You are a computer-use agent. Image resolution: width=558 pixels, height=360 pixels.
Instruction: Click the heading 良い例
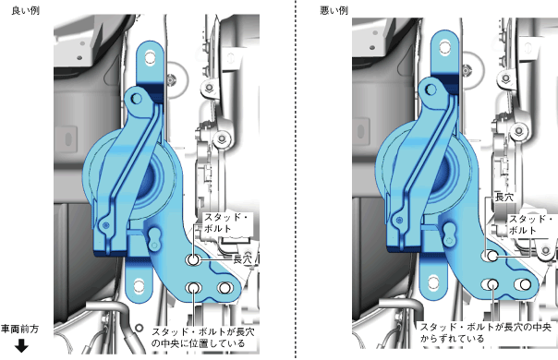[x=25, y=11]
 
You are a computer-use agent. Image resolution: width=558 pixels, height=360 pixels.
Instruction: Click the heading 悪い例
[x=334, y=11]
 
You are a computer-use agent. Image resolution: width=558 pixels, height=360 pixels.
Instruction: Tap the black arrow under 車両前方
[x=21, y=345]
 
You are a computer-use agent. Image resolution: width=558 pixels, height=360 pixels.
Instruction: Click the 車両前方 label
[x=19, y=329]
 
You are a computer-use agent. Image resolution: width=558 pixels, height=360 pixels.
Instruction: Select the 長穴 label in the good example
[x=242, y=259]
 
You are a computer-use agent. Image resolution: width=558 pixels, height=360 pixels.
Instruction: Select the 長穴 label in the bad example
[x=504, y=198]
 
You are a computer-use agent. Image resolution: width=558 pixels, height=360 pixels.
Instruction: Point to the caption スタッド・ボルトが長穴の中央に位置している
[x=203, y=338]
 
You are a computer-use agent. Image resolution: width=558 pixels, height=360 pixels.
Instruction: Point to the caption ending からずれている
[x=485, y=332]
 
